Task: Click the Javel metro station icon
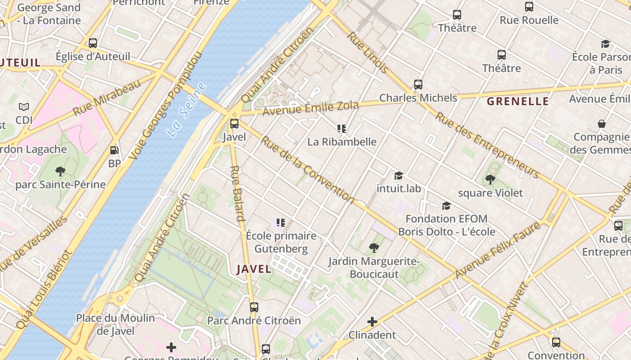point(234,124)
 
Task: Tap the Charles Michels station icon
point(418,85)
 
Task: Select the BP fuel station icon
point(114,150)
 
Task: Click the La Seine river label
point(186,109)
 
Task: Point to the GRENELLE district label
point(518,101)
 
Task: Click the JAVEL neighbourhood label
point(254,269)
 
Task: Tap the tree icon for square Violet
point(490,180)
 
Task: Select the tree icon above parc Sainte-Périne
point(60,171)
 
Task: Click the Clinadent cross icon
point(372,322)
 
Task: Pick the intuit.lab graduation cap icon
point(398,175)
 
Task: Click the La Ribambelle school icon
point(342,129)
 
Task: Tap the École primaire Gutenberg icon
point(281,222)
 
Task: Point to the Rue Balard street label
point(238,193)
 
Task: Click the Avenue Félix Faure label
point(498,250)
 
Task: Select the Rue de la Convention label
point(308,169)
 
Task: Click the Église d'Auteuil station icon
point(93,43)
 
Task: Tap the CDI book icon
point(24,107)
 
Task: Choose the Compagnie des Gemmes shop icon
point(601,124)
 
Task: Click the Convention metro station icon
point(556,342)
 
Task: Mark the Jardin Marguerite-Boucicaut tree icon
point(374,247)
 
